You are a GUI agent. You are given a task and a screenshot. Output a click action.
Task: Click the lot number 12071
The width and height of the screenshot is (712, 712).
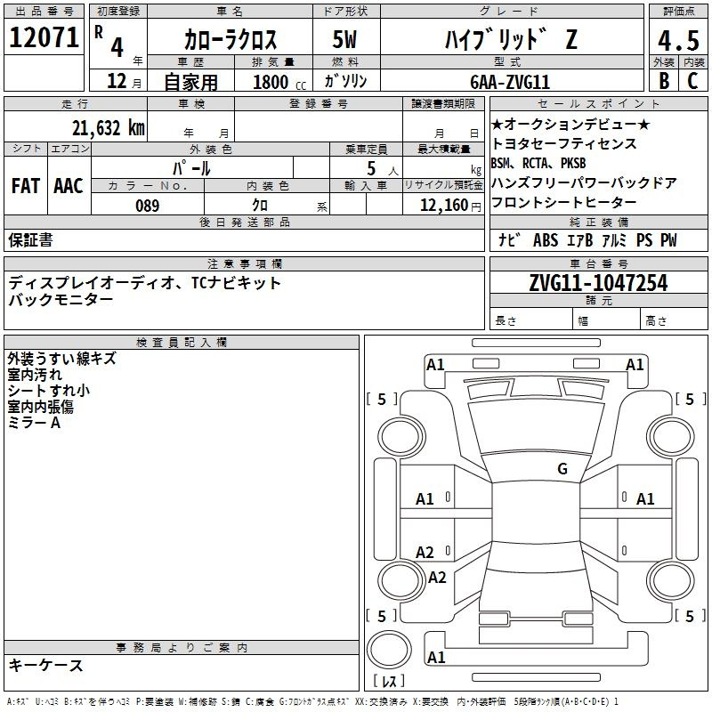[44, 37]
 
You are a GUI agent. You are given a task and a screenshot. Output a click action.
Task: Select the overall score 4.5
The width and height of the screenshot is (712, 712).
[678, 41]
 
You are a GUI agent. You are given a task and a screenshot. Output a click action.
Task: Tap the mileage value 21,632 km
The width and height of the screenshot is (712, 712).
[109, 128]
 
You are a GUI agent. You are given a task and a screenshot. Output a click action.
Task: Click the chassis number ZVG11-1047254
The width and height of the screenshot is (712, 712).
[598, 283]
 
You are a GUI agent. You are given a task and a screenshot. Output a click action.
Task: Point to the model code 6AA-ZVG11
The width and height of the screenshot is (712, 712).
[510, 82]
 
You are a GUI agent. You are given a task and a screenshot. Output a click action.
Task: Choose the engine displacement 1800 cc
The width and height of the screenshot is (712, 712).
[279, 82]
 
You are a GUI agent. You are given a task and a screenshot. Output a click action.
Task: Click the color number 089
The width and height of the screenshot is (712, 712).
[148, 206]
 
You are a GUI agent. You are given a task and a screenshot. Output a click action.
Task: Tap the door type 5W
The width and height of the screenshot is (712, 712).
[344, 39]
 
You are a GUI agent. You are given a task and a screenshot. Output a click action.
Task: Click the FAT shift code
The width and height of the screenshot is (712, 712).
[26, 186]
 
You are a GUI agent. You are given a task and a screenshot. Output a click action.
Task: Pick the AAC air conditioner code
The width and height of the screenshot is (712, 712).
[69, 186]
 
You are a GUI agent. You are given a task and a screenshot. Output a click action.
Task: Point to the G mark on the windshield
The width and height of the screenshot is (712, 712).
[562, 468]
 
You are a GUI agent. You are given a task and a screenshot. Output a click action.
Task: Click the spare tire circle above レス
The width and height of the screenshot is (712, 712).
[389, 650]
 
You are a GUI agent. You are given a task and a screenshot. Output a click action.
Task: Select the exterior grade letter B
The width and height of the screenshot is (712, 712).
[664, 81]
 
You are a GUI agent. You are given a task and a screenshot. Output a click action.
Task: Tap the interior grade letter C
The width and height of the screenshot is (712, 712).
[693, 81]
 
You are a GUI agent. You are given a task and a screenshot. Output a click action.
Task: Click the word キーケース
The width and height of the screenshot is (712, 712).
[46, 666]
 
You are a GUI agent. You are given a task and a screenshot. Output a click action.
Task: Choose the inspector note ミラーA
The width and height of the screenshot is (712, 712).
[34, 423]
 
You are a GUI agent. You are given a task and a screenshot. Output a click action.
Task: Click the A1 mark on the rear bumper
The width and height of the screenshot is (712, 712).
[436, 657]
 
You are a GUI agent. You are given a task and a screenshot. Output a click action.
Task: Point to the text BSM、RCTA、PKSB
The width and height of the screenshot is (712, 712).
[538, 163]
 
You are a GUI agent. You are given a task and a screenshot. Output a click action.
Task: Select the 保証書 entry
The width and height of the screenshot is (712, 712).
[30, 240]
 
